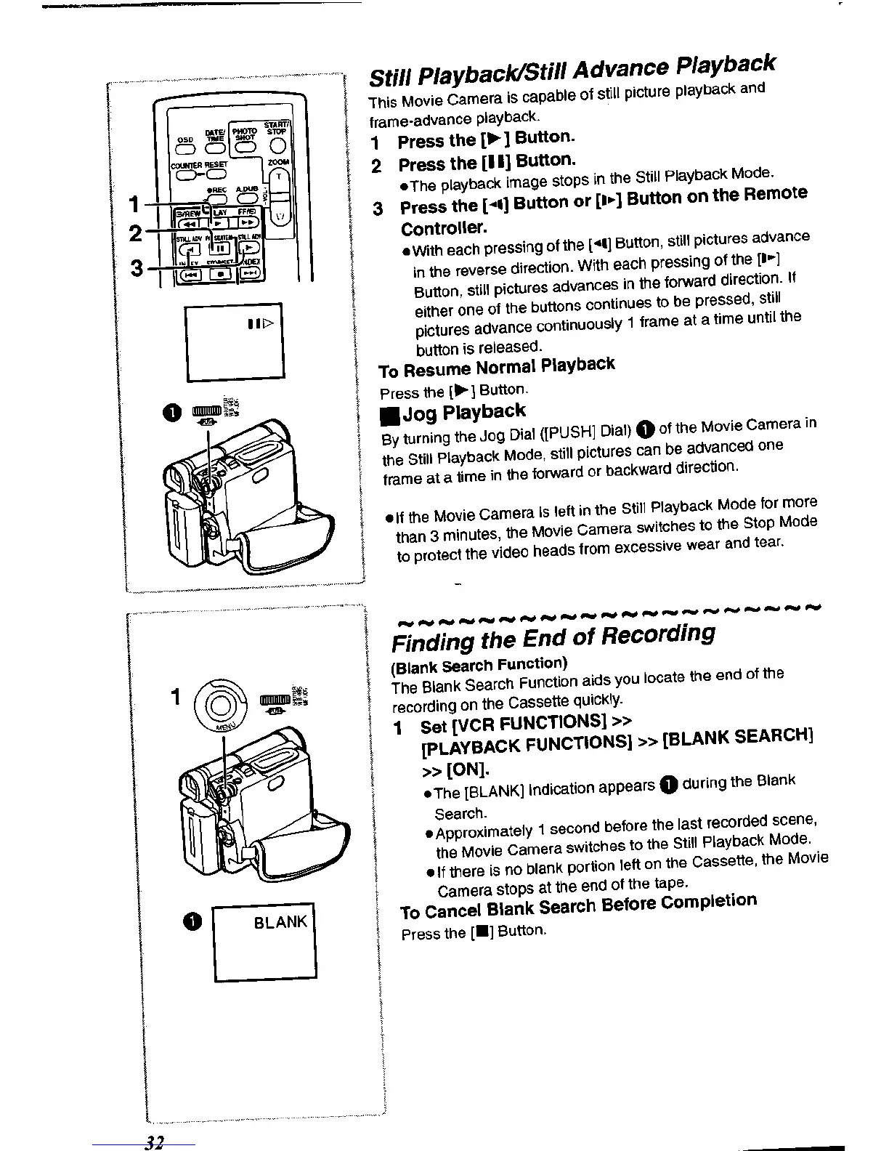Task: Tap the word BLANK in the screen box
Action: pyautogui.click(x=280, y=922)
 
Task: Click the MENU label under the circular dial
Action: pyautogui.click(x=219, y=727)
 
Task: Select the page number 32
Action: pyautogui.click(x=153, y=1142)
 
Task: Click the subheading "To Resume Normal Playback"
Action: pyautogui.click(x=497, y=367)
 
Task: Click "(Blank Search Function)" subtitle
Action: pyautogui.click(x=479, y=665)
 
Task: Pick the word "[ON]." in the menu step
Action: pyautogui.click(x=455, y=769)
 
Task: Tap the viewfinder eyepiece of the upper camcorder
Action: pyautogui.click(x=175, y=480)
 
